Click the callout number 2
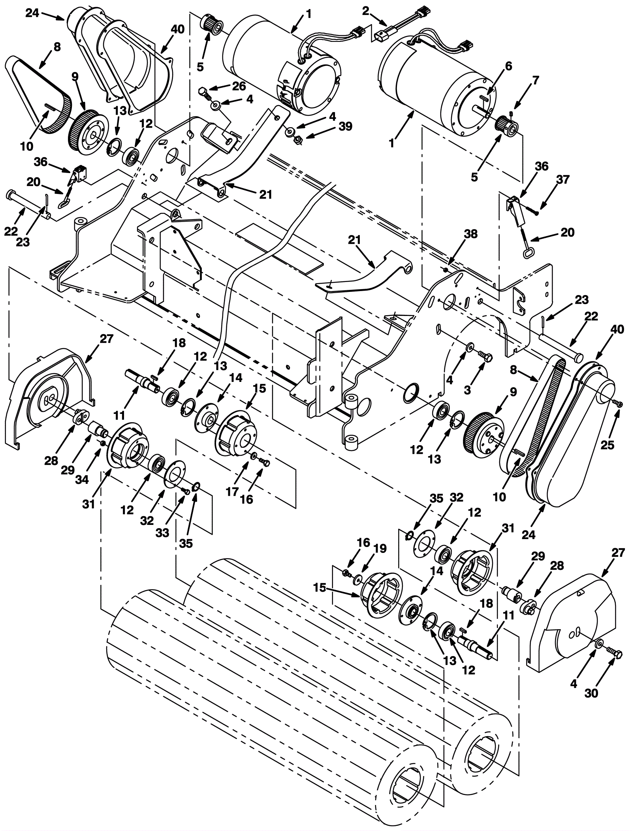pyautogui.click(x=366, y=11)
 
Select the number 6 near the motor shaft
pyautogui.click(x=508, y=66)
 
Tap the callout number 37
pyautogui.click(x=563, y=180)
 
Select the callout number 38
pyautogui.click(x=471, y=234)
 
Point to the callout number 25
pyautogui.click(x=608, y=445)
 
